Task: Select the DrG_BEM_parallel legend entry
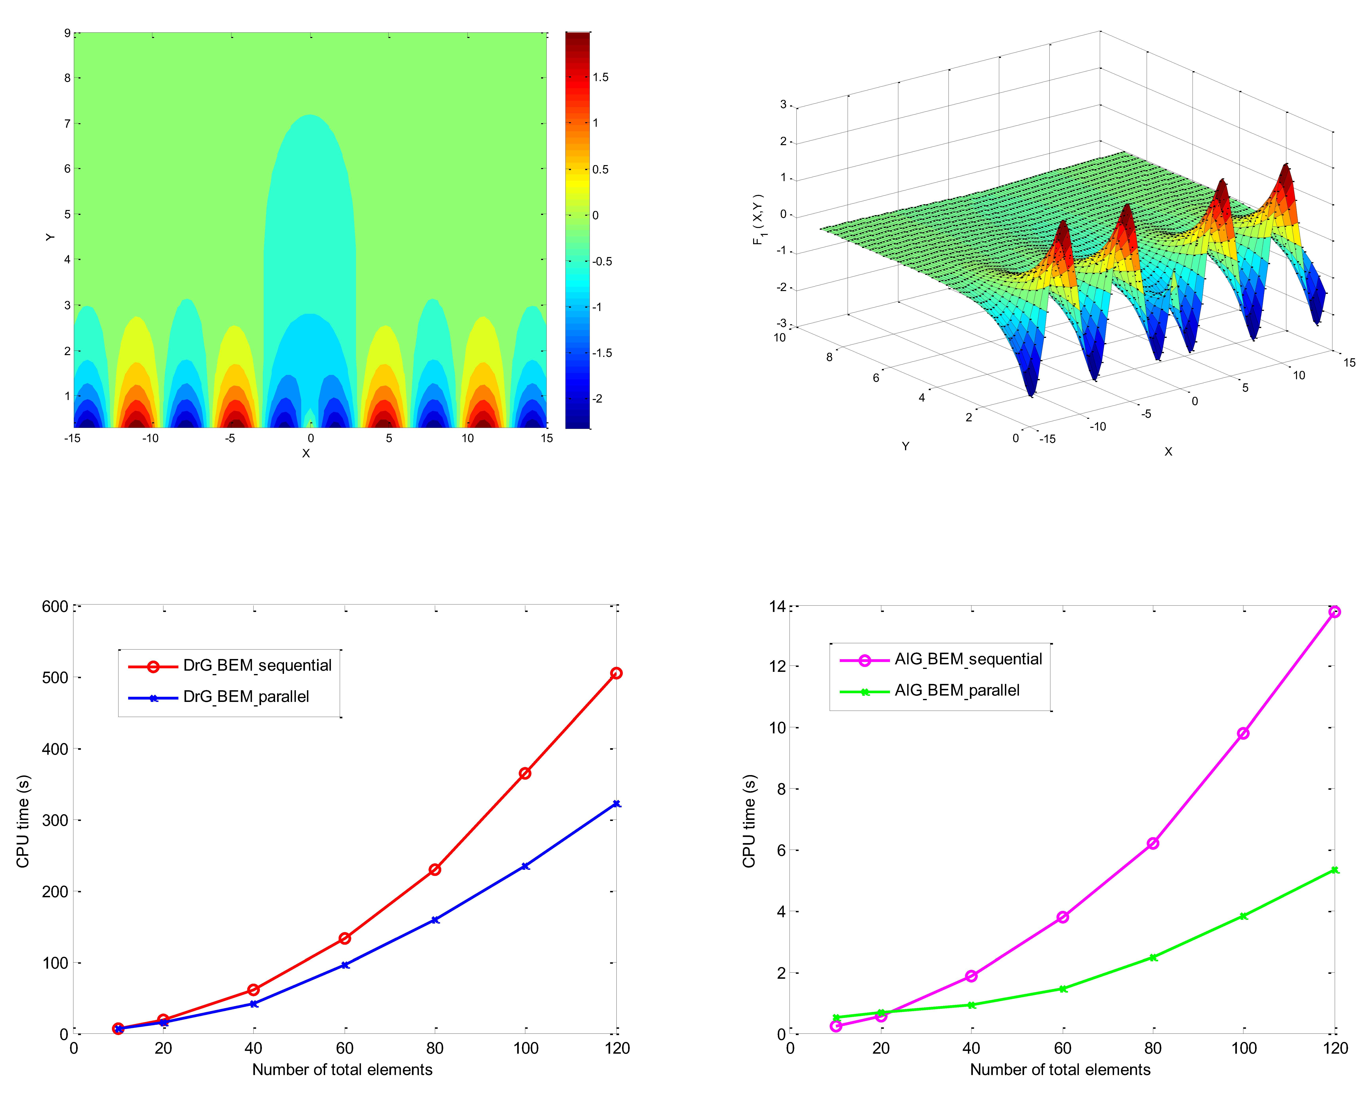tap(246, 697)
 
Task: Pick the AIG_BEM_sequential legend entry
tap(968, 659)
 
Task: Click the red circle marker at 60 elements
tap(344, 938)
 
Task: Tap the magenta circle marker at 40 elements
tap(971, 976)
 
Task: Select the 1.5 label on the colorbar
tap(600, 78)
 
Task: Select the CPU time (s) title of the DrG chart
tap(23, 821)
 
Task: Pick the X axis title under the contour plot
tap(306, 453)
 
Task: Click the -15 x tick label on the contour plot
tap(72, 438)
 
